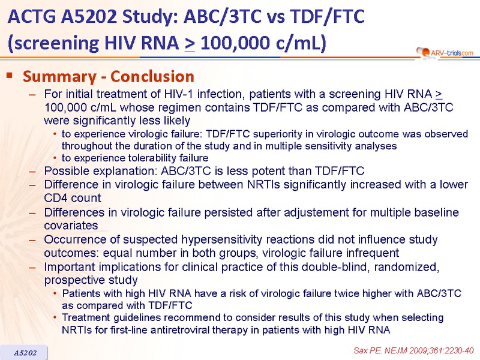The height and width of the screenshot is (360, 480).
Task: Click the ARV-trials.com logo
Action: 445,53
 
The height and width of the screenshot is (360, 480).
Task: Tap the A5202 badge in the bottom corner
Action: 24,353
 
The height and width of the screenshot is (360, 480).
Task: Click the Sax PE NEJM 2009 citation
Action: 413,350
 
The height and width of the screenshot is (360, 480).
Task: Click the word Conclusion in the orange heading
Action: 152,76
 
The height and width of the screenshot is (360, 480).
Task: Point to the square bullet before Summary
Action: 10,75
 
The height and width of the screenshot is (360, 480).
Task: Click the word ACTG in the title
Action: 32,17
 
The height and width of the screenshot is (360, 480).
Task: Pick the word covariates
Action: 71,226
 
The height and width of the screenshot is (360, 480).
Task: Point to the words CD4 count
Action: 73,198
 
